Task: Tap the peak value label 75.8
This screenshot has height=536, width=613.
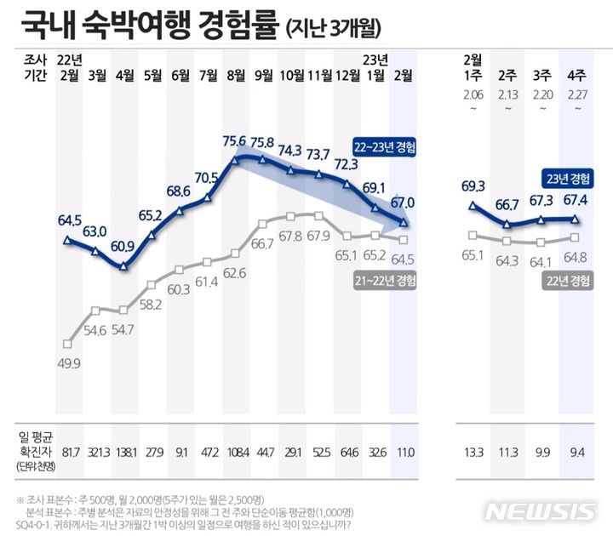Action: (263, 142)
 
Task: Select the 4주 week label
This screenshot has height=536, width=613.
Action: (575, 75)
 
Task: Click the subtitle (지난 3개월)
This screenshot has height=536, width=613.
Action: (334, 28)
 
